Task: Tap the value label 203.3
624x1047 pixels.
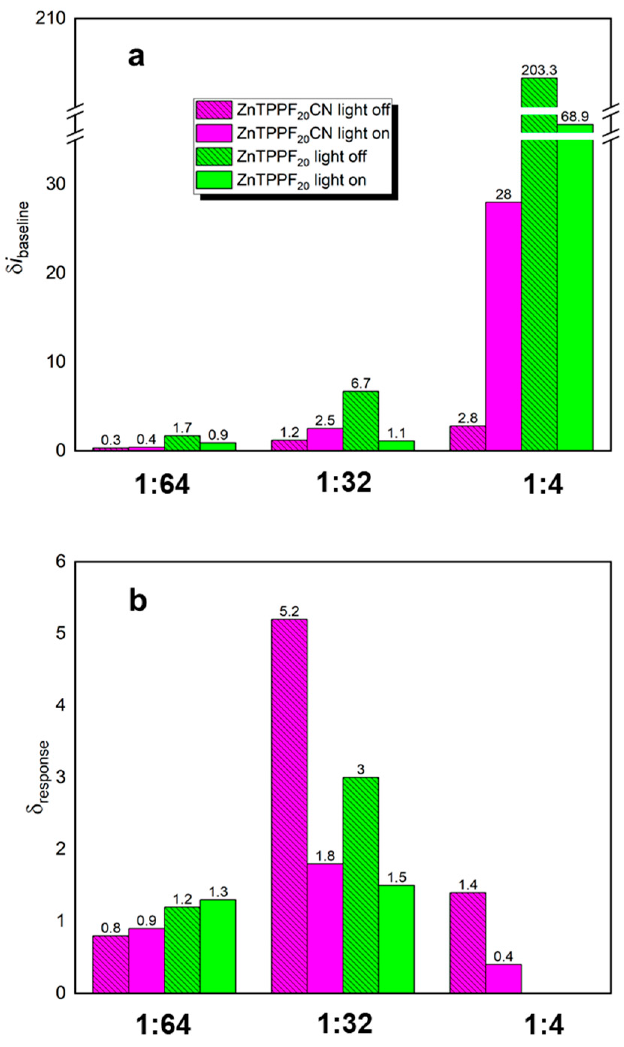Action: tap(539, 70)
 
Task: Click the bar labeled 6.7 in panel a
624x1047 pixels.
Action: tap(360, 420)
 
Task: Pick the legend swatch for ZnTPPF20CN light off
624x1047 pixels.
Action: tap(214, 110)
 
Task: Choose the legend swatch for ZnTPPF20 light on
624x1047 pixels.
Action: tap(214, 180)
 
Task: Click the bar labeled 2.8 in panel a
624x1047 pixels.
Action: tap(468, 438)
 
